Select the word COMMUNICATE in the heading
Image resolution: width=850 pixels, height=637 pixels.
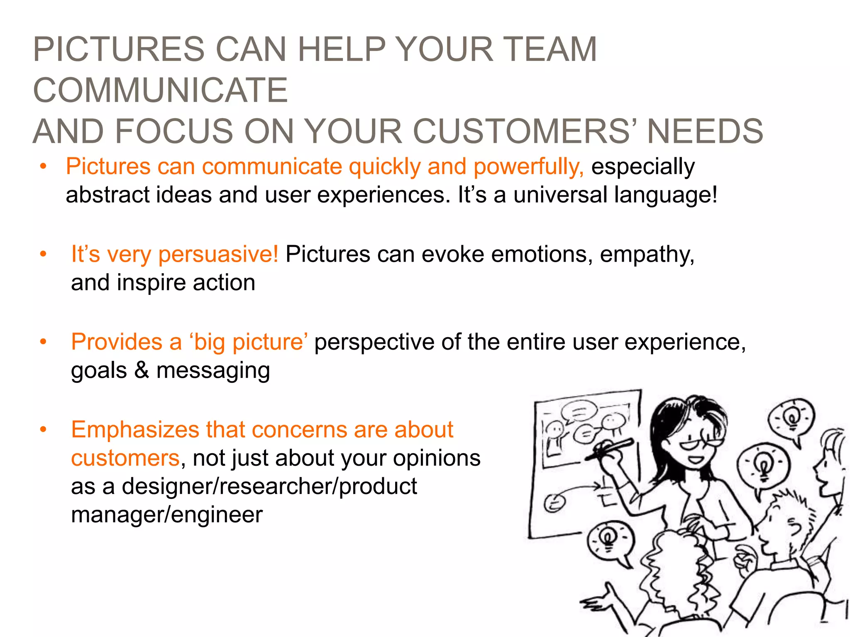pos(160,90)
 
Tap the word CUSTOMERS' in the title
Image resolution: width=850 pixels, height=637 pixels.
pos(525,131)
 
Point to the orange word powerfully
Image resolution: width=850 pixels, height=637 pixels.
pos(528,167)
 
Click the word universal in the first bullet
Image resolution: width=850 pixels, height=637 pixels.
pos(560,195)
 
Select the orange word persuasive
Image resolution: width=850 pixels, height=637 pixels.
pos(218,254)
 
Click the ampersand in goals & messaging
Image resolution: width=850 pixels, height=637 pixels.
pos(142,370)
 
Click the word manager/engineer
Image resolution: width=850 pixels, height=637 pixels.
pos(166,515)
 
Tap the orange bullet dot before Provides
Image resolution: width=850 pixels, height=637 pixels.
pos(43,342)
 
